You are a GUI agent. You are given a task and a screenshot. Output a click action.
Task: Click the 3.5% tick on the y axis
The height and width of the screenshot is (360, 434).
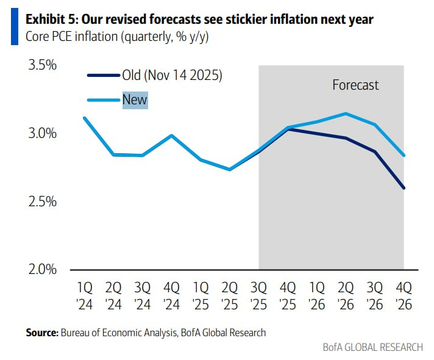[x=43, y=65]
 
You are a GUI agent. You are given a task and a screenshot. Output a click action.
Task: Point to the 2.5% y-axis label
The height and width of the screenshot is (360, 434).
[x=43, y=201]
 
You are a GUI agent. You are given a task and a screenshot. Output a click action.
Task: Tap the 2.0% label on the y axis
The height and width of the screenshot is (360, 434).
[x=43, y=269]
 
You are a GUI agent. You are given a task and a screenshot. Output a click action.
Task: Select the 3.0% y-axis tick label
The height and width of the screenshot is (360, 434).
[x=43, y=133]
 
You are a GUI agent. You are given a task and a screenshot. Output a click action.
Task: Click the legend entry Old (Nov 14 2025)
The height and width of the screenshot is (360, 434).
[x=173, y=76]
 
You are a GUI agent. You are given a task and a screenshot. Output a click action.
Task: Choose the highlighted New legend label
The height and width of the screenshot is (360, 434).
[x=135, y=99]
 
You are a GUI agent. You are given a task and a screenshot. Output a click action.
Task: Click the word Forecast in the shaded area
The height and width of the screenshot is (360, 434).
[x=355, y=85]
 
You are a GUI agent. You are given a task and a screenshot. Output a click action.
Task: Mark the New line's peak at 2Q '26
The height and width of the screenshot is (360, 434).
[x=346, y=113]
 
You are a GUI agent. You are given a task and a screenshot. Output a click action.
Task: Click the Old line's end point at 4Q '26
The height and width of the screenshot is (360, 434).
[x=404, y=188]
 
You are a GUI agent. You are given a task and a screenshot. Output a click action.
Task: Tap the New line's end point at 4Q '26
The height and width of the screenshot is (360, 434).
[x=404, y=155]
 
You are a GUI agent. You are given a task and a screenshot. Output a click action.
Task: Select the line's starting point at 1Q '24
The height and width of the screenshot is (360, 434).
[x=84, y=118]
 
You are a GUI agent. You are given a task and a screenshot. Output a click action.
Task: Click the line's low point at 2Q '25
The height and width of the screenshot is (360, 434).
[x=229, y=170]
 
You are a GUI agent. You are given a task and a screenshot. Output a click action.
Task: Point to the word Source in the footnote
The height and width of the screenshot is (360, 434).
[x=40, y=333]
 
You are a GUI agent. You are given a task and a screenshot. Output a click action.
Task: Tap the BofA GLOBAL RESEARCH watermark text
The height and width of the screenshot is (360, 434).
[x=373, y=347]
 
